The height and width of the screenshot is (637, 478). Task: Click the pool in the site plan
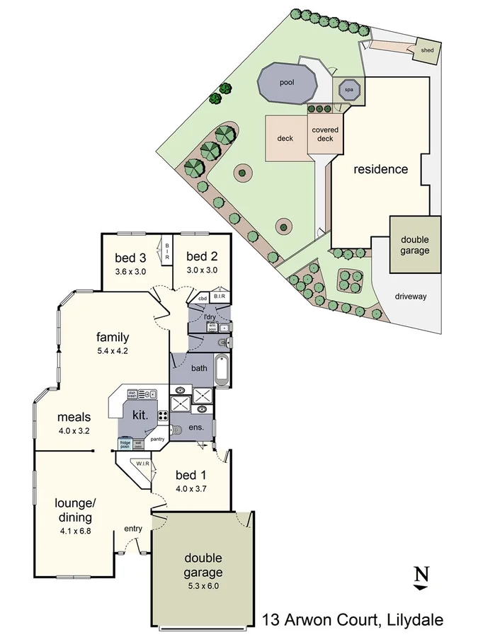click(287, 84)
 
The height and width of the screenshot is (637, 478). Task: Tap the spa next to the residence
click(348, 90)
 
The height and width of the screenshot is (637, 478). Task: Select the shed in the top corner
click(427, 50)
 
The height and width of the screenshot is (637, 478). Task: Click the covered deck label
click(325, 134)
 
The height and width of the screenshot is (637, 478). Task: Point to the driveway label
click(411, 297)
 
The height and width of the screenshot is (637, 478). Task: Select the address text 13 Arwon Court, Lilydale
click(353, 620)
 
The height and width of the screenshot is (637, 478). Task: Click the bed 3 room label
click(130, 257)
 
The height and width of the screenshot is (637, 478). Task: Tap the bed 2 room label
click(202, 256)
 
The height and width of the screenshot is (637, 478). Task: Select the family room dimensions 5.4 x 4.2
click(113, 350)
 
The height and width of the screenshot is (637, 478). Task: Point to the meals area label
click(74, 417)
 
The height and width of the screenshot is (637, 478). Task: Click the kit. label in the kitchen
click(140, 415)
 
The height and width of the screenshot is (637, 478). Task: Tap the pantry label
click(157, 439)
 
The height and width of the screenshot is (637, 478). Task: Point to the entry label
click(133, 528)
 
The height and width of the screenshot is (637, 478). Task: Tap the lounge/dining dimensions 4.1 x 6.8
click(74, 527)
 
